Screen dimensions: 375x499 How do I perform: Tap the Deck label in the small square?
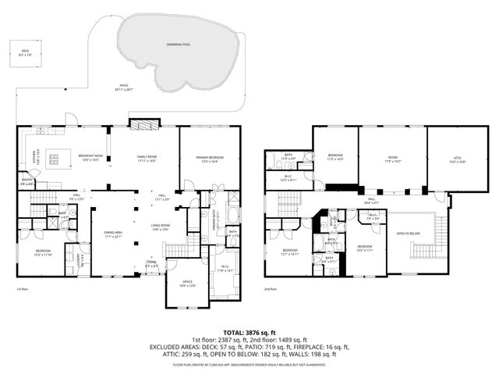tap(26, 52)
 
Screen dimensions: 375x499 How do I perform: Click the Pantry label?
tap(26, 183)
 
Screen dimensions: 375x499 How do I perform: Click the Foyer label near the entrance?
tap(151, 264)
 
